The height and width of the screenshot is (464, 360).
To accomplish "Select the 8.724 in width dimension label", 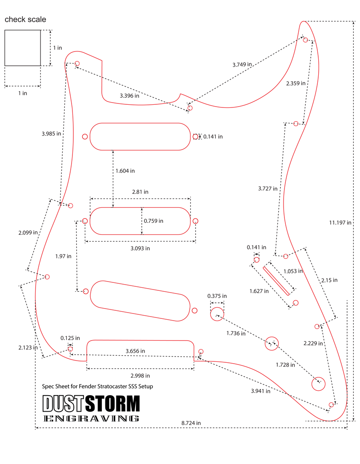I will (191, 423).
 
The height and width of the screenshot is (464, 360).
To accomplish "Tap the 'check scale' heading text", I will (25, 20).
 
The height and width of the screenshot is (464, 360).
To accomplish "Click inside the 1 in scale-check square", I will (23, 48).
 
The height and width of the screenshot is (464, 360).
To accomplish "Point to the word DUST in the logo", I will (63, 404).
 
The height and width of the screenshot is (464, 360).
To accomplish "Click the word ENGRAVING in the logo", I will (91, 418).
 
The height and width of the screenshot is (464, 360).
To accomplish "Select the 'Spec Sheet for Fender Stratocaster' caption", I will (97, 386).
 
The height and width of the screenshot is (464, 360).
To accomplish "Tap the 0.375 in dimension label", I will (217, 296).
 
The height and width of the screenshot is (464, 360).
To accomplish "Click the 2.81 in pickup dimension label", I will (140, 192).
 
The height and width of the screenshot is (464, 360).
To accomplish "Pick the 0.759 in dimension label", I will (153, 221).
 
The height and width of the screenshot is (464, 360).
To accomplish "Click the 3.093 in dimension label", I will (140, 248).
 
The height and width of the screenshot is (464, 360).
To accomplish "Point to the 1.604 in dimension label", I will (125, 171).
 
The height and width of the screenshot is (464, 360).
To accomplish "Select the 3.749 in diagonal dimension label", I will (242, 64).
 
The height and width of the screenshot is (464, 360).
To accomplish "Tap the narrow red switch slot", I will (276, 280).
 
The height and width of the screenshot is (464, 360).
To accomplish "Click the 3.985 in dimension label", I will (51, 133).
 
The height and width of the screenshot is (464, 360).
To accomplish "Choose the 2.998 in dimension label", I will (140, 375).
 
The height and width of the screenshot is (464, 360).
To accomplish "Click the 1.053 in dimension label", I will (293, 271).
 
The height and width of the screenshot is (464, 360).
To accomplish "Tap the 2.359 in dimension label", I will (296, 83).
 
